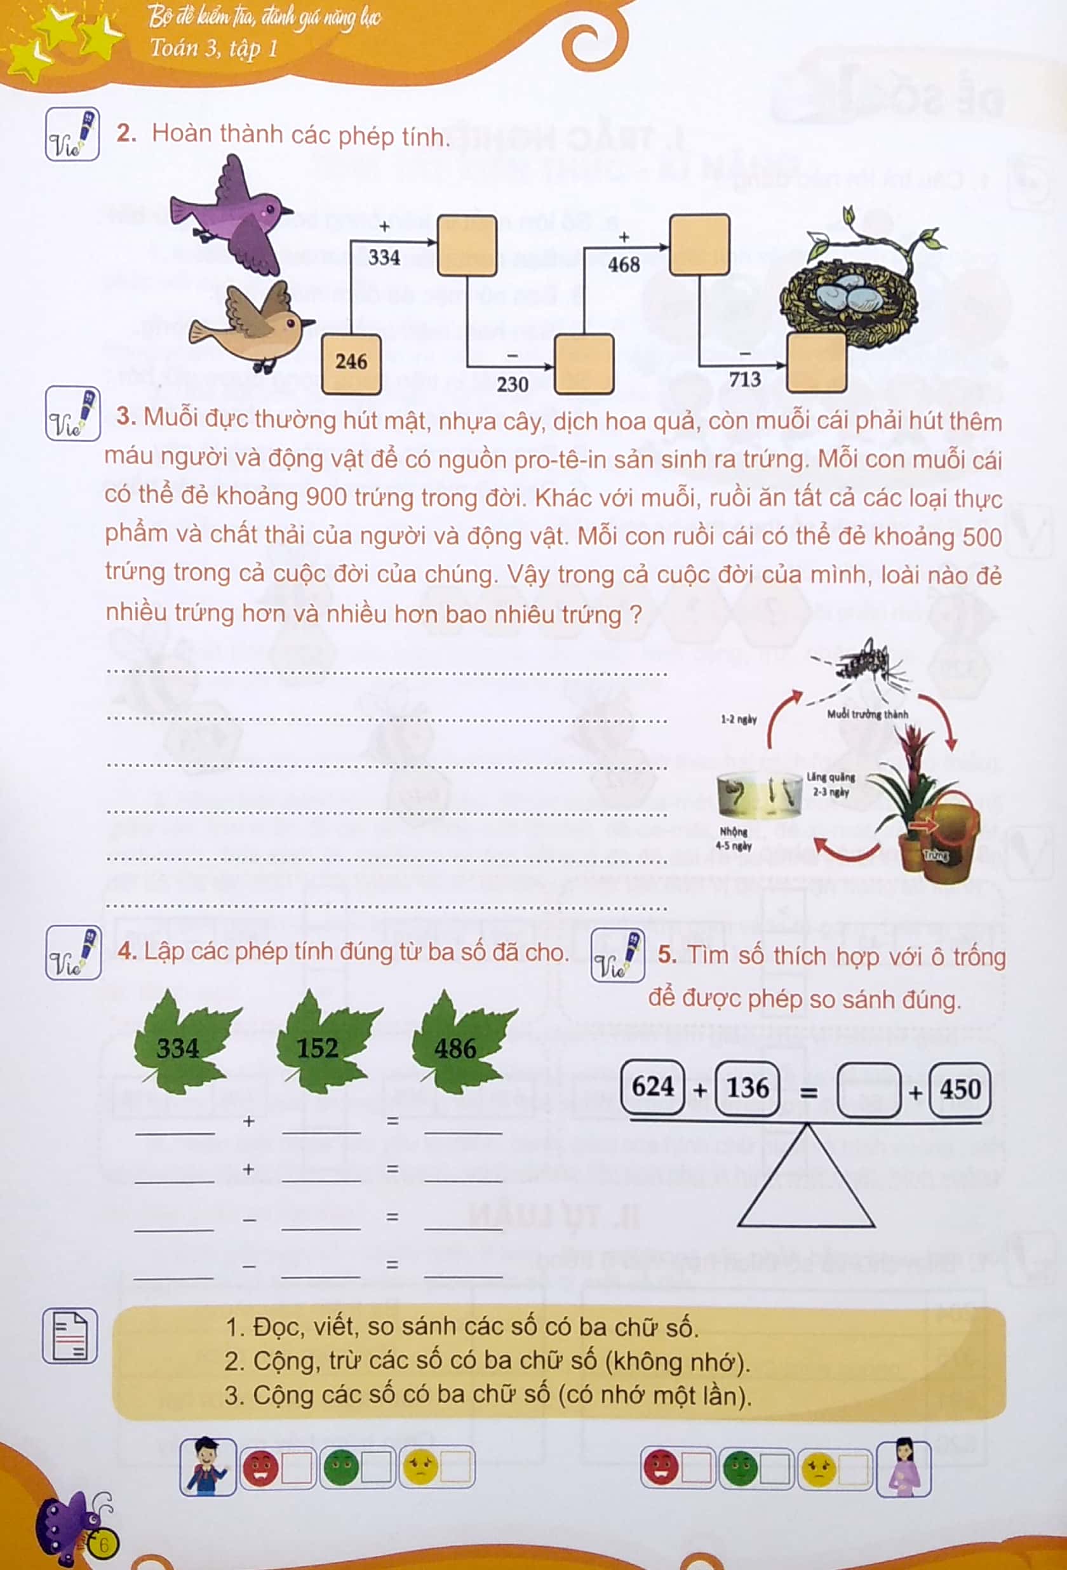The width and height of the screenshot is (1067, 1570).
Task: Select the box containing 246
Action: pos(351,363)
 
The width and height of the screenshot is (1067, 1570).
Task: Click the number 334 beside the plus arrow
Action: pos(384,257)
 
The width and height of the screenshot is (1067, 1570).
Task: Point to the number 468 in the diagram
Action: pos(623,264)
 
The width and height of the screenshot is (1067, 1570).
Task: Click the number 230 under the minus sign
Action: pos(512,384)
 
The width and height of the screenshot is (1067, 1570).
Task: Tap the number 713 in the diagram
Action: pos(744,379)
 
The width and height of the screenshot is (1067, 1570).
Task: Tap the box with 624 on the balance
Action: pos(653,1087)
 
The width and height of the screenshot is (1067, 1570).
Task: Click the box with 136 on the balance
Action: pos(748,1088)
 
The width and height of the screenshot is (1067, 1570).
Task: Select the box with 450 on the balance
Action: pos(960,1090)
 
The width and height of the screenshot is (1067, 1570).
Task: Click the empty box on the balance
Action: pos(868,1090)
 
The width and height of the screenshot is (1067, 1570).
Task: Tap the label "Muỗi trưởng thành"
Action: pos(867,714)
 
